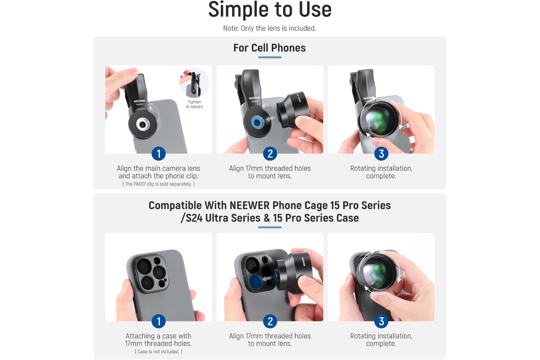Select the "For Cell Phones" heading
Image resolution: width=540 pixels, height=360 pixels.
point(270,48)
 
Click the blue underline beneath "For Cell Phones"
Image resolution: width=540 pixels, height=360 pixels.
point(270,58)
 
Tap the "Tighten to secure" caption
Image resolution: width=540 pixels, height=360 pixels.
point(194,104)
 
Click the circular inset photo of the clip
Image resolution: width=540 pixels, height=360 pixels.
point(194,83)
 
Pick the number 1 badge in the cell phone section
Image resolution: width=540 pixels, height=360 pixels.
point(158,153)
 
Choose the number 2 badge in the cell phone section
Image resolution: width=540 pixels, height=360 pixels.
point(270,153)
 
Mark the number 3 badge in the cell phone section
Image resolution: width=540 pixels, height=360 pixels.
point(381,153)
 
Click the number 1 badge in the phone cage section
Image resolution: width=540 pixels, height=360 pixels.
point(158,321)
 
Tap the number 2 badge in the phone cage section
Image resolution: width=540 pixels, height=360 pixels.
point(270,321)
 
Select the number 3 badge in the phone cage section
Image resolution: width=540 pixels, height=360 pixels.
point(381,321)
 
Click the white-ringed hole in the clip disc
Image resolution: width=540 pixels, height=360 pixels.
point(143,124)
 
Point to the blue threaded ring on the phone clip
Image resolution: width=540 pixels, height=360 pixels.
point(258,122)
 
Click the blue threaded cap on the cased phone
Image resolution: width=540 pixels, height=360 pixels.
point(256,282)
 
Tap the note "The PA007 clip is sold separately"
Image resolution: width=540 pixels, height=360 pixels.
point(158,184)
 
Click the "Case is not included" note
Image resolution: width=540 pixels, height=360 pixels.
point(158,351)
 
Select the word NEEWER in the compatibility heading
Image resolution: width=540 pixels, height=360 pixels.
point(249,206)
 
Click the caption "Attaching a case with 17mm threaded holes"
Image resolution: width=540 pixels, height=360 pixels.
point(158,339)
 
